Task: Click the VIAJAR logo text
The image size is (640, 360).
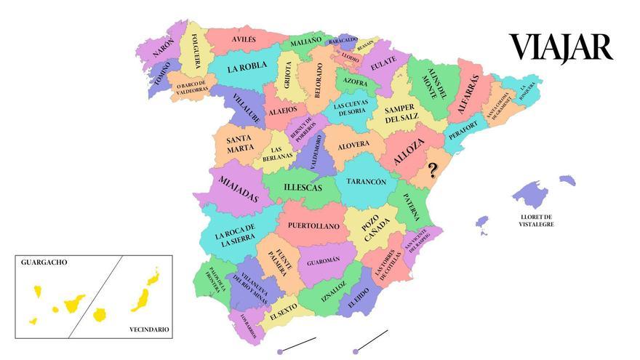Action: click(561, 48)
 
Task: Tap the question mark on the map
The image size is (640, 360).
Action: click(433, 170)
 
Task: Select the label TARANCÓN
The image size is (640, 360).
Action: click(366, 182)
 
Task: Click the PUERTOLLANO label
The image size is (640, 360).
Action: click(313, 226)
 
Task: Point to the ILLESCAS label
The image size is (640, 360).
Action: click(303, 188)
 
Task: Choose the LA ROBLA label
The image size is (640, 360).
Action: click(247, 69)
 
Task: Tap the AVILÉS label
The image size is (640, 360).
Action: click(244, 39)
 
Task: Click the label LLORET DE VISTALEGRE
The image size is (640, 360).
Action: click(536, 220)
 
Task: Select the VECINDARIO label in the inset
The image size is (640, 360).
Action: click(149, 329)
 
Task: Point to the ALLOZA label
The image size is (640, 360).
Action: click(408, 155)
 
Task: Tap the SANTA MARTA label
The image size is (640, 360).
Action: click(240, 144)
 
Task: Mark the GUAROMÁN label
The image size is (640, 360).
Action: click(323, 260)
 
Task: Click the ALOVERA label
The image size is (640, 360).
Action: click(354, 145)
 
